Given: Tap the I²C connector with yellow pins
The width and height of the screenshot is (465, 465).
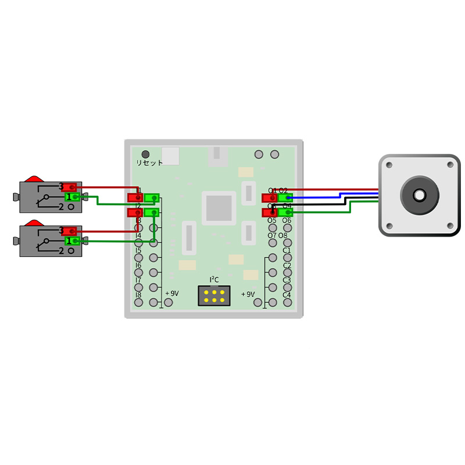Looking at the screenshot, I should (214, 295).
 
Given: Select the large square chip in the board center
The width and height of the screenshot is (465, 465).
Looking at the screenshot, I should (219, 208).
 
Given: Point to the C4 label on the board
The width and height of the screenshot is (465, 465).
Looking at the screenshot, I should (287, 295).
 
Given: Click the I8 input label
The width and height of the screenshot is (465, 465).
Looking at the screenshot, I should (138, 295).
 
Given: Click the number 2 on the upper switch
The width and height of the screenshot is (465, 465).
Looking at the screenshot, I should (61, 207).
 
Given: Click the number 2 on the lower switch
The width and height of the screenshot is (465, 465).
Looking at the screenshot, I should (61, 251).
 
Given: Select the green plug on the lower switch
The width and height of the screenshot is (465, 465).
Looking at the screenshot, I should (72, 241).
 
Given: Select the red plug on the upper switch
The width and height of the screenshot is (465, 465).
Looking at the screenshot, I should (70, 187).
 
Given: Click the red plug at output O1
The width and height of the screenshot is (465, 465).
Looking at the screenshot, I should (269, 198).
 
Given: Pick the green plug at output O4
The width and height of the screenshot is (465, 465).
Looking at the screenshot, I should (285, 213).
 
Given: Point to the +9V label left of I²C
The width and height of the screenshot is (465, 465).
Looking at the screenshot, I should (172, 294).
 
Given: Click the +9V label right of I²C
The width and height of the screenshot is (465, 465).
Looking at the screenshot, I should (248, 294).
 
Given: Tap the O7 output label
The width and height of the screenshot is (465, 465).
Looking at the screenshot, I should (272, 235).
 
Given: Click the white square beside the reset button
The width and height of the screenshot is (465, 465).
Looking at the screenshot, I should (170, 156).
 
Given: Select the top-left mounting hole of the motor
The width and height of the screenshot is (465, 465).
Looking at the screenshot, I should (389, 165).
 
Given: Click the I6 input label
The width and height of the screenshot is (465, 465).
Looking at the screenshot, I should (138, 265).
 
